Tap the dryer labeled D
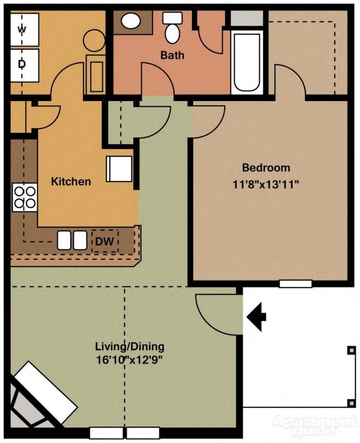22,64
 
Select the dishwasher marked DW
105,242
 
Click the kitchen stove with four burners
24,197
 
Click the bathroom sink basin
130,21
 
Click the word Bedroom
266,167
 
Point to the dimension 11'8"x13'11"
266,184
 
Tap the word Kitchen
71,182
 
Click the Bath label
172,55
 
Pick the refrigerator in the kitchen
119,169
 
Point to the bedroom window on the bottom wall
295,284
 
